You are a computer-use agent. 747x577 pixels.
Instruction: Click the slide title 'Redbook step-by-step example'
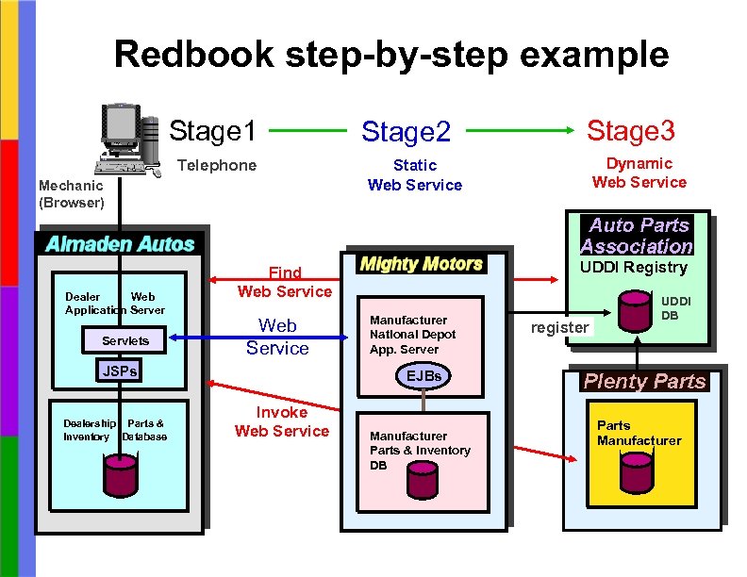[391, 55]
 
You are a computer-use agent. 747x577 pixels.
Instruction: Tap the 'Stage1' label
[212, 132]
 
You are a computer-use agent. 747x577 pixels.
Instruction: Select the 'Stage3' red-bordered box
[631, 130]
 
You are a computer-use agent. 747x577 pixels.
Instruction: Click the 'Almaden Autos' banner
[120, 243]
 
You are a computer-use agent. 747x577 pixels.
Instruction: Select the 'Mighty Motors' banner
[422, 264]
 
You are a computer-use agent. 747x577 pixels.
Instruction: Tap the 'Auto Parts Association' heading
[637, 236]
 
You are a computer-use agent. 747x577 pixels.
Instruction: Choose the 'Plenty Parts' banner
[644, 381]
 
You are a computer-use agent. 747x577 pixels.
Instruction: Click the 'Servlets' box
[119, 339]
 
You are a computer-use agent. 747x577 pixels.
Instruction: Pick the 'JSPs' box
[120, 371]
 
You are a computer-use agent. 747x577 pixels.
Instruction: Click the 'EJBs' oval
[423, 376]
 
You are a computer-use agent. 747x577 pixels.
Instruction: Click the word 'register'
[559, 327]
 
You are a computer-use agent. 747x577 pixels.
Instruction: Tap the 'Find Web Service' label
[284, 282]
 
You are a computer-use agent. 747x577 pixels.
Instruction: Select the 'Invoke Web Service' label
[281, 421]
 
